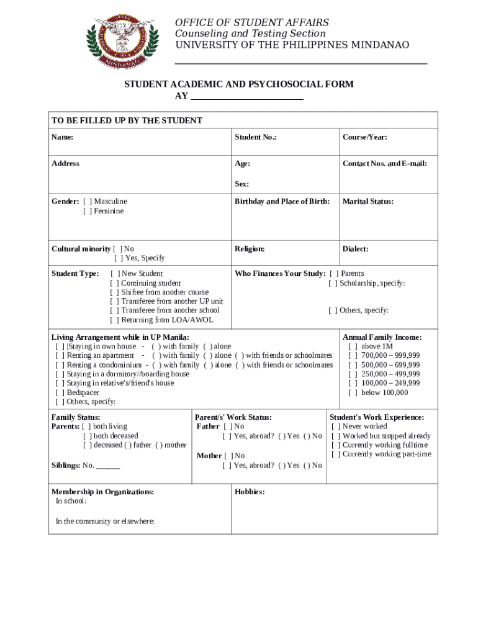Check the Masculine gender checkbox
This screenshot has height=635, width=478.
[x=88, y=202]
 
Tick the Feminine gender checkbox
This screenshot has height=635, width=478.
[x=88, y=211]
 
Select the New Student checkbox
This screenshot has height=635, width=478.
[x=114, y=273]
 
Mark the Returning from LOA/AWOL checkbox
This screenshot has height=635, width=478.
[x=114, y=320]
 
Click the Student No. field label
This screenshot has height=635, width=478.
[x=255, y=137]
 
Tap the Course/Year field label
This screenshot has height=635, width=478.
[x=364, y=137]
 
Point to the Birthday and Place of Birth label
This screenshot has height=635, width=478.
[x=282, y=202]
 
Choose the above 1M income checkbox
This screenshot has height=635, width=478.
[x=353, y=347]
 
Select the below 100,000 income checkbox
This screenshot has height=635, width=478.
[x=353, y=393]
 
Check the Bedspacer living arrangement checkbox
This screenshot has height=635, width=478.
[x=60, y=393]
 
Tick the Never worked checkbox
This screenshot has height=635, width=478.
[x=335, y=427]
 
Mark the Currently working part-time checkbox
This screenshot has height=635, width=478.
[x=335, y=454]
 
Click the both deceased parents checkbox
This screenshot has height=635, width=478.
[x=87, y=436]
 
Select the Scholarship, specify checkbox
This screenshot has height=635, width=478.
[x=333, y=283]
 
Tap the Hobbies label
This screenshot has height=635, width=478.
[x=250, y=492]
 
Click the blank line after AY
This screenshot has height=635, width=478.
[x=246, y=96]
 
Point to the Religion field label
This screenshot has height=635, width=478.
[x=250, y=249]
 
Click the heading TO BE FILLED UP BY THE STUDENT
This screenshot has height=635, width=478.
[x=127, y=120]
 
